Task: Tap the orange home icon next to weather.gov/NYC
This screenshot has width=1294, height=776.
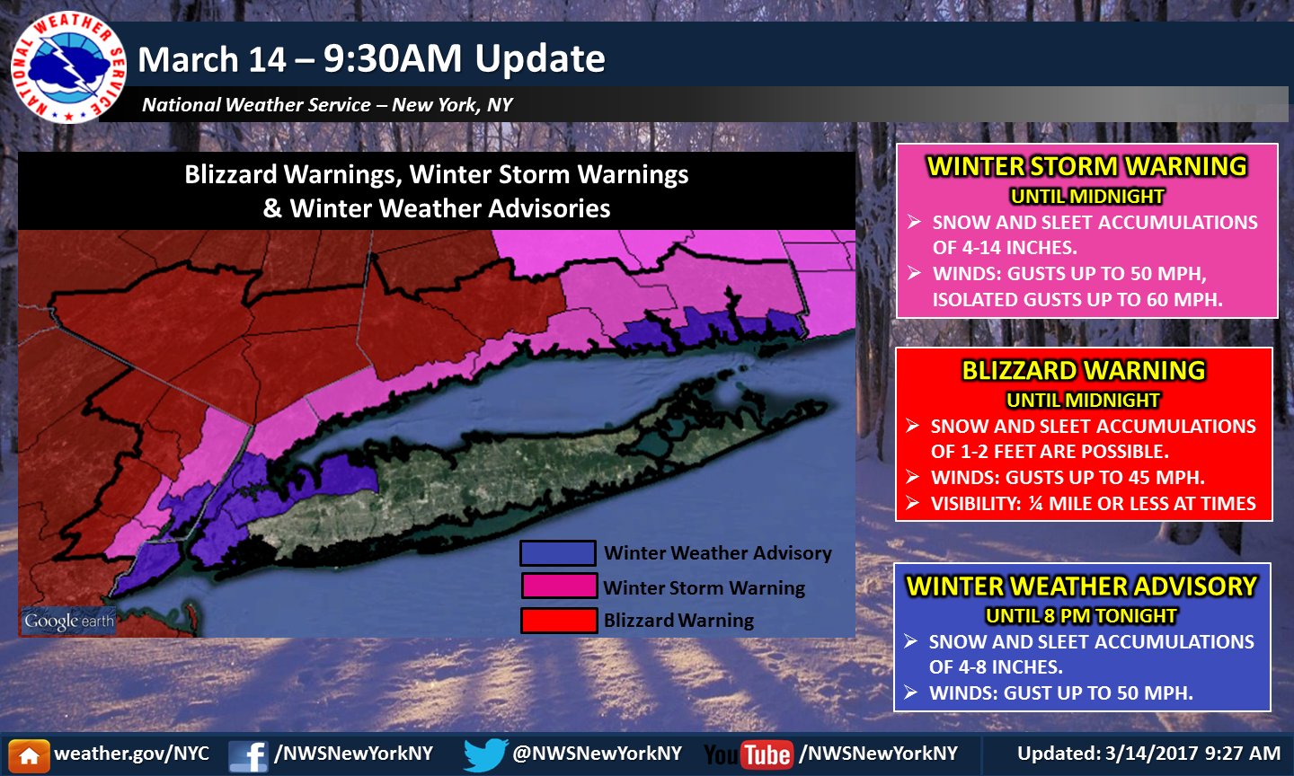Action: click(29, 755)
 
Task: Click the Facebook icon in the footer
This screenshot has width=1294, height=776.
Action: click(247, 755)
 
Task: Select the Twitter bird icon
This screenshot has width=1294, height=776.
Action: click(485, 754)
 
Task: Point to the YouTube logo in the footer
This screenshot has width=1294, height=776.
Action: click(748, 754)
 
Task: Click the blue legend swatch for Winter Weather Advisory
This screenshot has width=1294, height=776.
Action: click(558, 552)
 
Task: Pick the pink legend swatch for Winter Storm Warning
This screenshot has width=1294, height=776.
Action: click(559, 586)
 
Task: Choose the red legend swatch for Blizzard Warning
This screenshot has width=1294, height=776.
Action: click(559, 620)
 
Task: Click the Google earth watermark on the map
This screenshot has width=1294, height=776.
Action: click(69, 621)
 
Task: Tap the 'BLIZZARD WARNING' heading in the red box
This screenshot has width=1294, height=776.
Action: click(1084, 371)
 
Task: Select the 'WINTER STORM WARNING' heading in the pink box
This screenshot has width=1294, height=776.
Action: click(1087, 167)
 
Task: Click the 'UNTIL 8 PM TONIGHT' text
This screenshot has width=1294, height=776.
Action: click(1081, 616)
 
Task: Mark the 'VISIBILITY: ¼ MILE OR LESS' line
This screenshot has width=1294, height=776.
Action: click(1092, 504)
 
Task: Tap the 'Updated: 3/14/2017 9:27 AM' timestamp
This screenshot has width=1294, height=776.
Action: click(1148, 754)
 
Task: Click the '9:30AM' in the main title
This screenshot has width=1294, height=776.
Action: click(394, 59)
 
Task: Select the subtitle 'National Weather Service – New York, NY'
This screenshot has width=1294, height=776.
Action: click(327, 105)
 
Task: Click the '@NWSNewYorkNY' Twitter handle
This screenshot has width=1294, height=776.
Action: click(597, 754)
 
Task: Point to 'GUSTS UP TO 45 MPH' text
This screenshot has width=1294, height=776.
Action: click(1104, 478)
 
